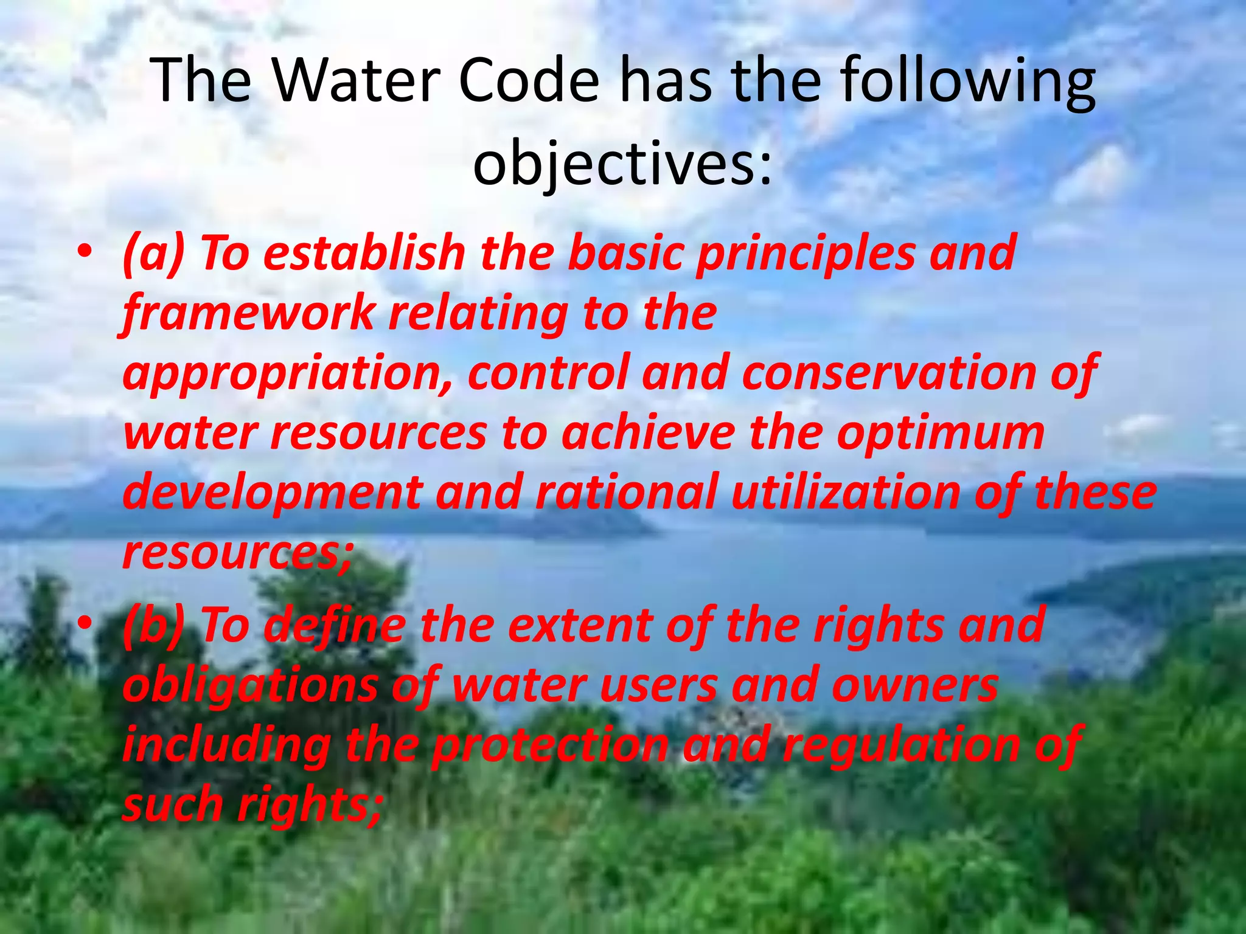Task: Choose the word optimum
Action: click(941, 435)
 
